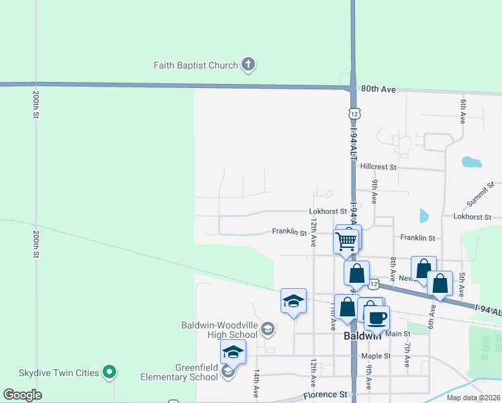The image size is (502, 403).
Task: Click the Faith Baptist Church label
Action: click(195, 65)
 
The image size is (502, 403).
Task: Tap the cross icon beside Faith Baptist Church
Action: click(248, 65)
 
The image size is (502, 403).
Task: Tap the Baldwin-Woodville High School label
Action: click(219, 329)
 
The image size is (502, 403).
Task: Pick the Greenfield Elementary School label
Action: click(179, 372)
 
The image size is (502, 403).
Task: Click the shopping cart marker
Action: click(346, 240)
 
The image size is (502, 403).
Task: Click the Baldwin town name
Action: click(363, 335)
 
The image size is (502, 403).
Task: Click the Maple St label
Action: click(375, 356)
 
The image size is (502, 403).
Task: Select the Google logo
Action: click(22, 395)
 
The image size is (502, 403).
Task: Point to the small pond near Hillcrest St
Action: click(472, 162)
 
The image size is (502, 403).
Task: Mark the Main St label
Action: click(397, 334)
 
